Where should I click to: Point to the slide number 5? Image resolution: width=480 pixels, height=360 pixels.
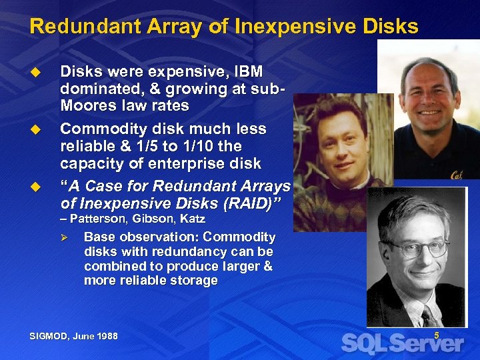437,336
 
